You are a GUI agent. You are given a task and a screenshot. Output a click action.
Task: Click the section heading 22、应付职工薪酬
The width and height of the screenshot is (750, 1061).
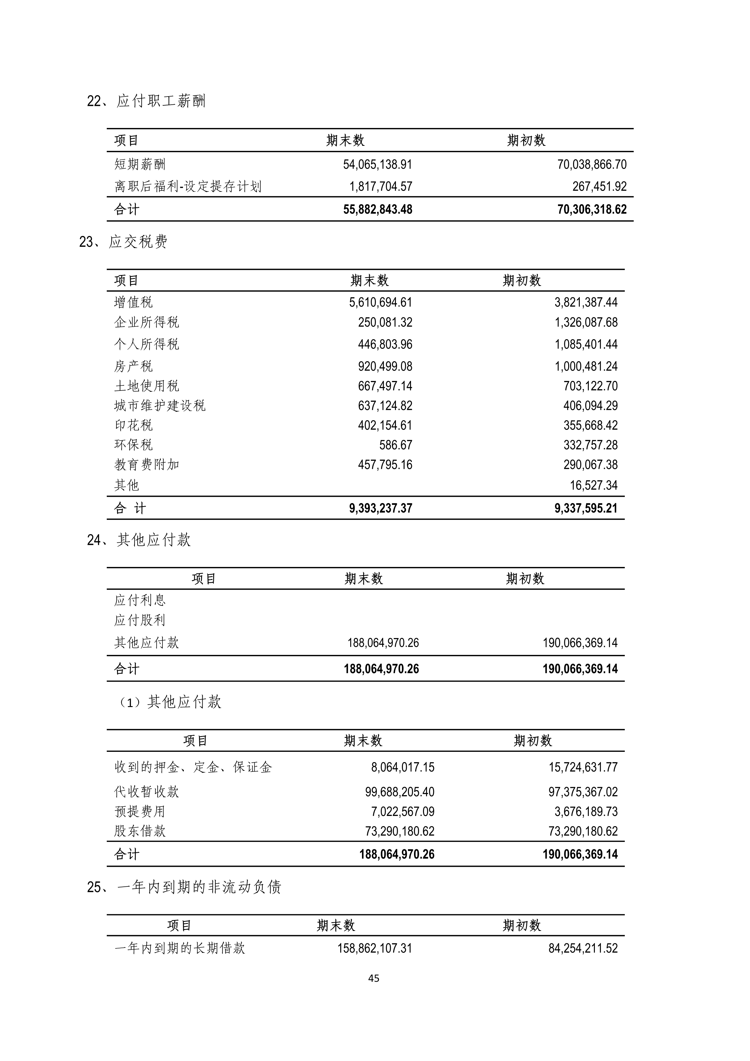tap(146, 101)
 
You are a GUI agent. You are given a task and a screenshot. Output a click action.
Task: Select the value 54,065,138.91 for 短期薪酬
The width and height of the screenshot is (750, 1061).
tap(377, 165)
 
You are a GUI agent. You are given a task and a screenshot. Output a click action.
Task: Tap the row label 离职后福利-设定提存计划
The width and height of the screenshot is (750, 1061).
tap(187, 187)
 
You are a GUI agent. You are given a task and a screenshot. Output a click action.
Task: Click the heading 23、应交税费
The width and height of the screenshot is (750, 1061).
tap(123, 242)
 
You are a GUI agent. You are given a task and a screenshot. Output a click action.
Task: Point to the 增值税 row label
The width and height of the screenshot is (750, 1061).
tap(133, 302)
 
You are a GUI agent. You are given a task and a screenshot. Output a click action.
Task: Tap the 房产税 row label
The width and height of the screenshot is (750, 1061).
tap(133, 366)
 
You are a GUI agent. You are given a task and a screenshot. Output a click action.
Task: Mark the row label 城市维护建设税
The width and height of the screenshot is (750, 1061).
tap(159, 406)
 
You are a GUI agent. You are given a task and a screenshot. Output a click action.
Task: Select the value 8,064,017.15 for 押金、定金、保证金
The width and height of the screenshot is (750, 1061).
tap(402, 768)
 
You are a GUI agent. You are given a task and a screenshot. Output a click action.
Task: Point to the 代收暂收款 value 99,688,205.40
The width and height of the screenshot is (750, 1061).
tap(399, 792)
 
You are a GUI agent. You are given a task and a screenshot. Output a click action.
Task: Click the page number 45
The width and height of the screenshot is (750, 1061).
tap(374, 978)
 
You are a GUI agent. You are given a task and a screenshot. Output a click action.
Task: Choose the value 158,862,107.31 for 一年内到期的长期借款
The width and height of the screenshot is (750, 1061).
tap(374, 948)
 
